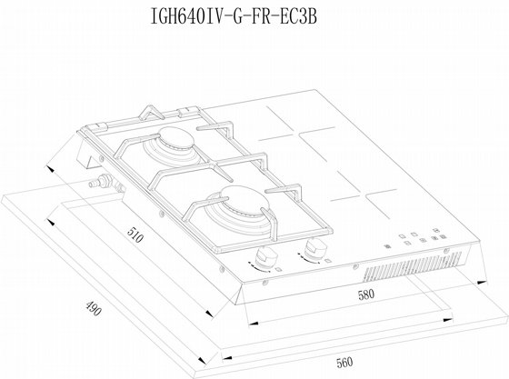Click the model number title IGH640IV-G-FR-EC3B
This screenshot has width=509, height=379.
click(234, 16)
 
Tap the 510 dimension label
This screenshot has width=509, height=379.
click(135, 234)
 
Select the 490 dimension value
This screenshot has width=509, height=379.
click(94, 308)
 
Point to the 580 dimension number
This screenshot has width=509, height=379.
click(366, 294)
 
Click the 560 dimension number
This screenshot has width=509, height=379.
click(344, 363)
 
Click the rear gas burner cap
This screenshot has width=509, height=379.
click(176, 136)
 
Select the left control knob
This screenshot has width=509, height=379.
click(266, 256)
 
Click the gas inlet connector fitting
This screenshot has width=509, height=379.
click(101, 181)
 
